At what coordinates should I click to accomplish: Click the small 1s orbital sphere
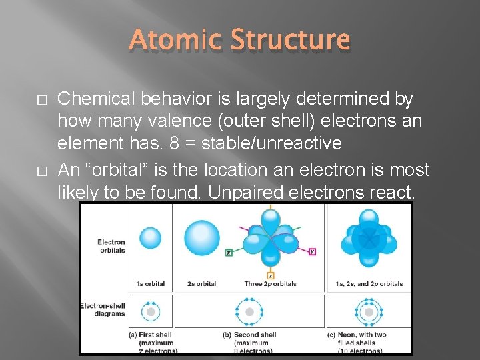coord(151,238)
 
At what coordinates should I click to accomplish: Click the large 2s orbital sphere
coord(201,238)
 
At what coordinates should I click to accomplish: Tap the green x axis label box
coord(229,253)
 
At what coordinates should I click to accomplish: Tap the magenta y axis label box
coord(312,251)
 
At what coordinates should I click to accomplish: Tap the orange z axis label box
coord(270,275)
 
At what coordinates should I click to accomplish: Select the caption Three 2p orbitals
coord(270,284)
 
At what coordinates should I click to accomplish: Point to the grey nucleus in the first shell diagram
coord(151,311)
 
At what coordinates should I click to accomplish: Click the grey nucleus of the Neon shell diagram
coord(368,312)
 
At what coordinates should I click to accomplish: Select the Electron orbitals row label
coord(111,246)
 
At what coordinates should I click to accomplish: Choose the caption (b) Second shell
coord(250,335)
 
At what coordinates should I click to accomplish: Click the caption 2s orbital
coord(201,284)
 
